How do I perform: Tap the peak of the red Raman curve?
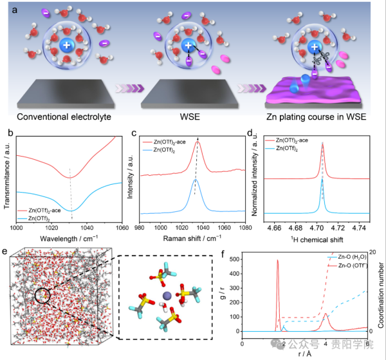198,142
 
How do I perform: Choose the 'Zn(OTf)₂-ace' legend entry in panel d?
297,139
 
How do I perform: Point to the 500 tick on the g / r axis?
232,260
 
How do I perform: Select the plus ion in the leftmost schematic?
67,46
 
